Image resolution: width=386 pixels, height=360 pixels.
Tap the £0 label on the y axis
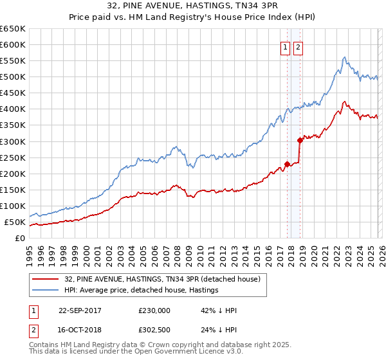click(19, 239)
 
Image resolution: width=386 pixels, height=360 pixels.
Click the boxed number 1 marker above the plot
click(284, 47)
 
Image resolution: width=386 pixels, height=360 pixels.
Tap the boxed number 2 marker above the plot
click(299, 47)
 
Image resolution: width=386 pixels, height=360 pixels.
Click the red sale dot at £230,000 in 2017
click(287, 164)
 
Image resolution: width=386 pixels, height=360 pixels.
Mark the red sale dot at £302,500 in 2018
click(300, 140)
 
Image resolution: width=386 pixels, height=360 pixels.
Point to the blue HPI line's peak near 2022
click(345, 57)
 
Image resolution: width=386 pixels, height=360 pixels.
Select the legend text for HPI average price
click(142, 290)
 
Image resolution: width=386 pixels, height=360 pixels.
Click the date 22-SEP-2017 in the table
click(80, 310)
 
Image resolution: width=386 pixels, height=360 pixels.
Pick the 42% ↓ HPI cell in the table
click(219, 310)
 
